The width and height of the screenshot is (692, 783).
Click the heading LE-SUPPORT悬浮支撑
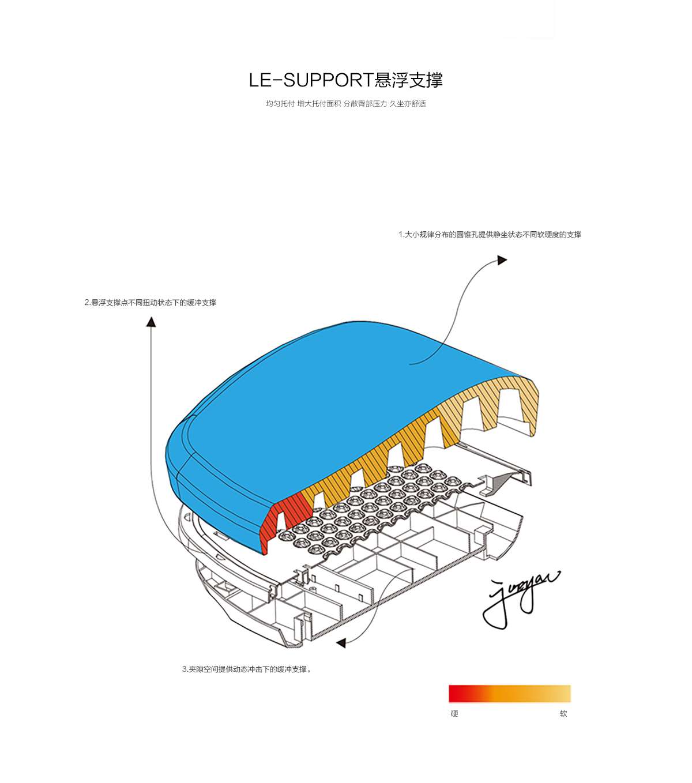[345, 80]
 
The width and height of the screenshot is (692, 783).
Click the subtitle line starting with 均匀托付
[345, 104]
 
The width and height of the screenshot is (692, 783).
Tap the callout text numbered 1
[490, 235]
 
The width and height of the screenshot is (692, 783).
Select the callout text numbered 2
[151, 303]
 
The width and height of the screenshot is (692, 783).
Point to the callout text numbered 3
[247, 669]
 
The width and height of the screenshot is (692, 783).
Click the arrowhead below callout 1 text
[502, 260]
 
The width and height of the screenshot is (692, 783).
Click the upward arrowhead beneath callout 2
[151, 322]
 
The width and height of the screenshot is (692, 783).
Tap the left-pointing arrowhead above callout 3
[341, 643]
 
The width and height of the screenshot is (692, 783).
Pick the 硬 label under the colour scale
[454, 714]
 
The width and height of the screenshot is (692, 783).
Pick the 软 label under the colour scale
[563, 714]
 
